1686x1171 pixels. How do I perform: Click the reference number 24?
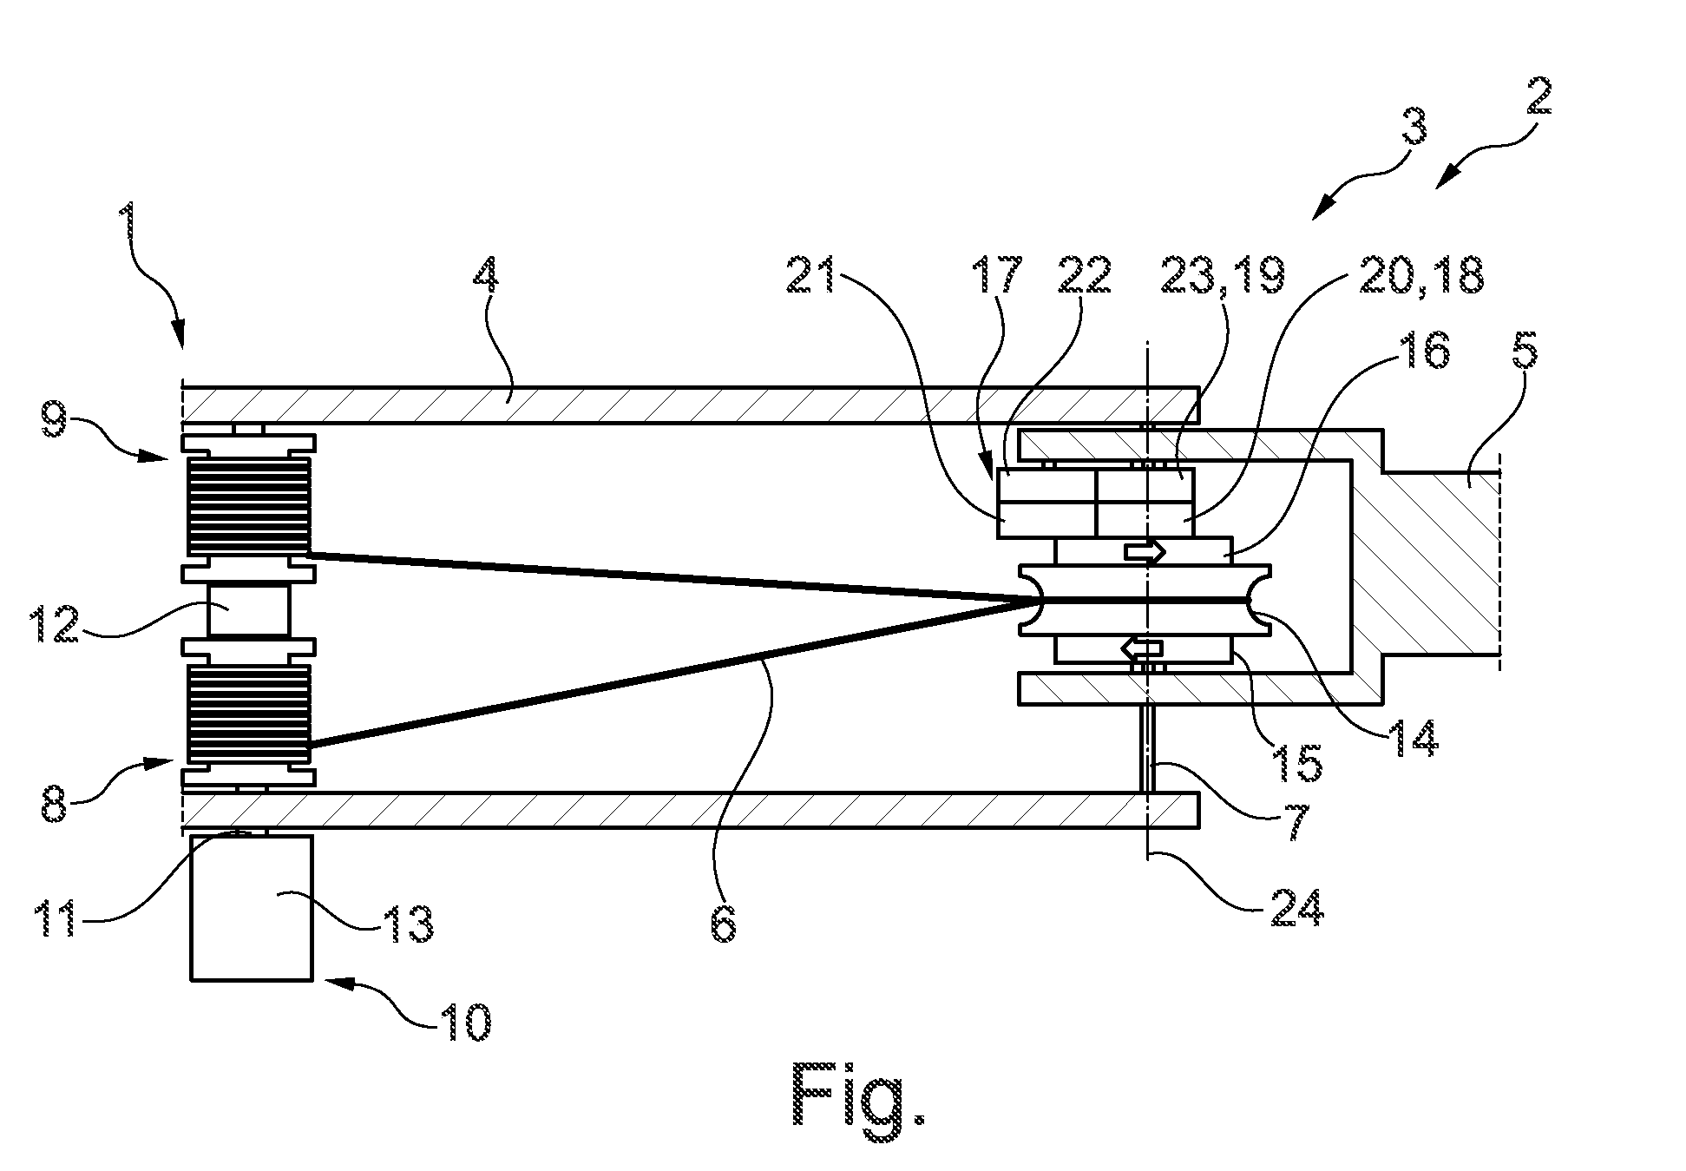point(1298,907)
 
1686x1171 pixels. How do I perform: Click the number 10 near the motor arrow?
point(464,1024)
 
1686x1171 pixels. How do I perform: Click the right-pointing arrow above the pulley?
point(1145,550)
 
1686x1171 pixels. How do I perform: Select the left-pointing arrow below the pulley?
point(1142,647)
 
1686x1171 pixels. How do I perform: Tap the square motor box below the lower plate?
point(252,907)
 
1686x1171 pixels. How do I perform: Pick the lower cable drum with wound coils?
point(247,714)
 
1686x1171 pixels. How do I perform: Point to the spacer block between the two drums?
point(247,611)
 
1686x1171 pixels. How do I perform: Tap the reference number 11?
point(57,918)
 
